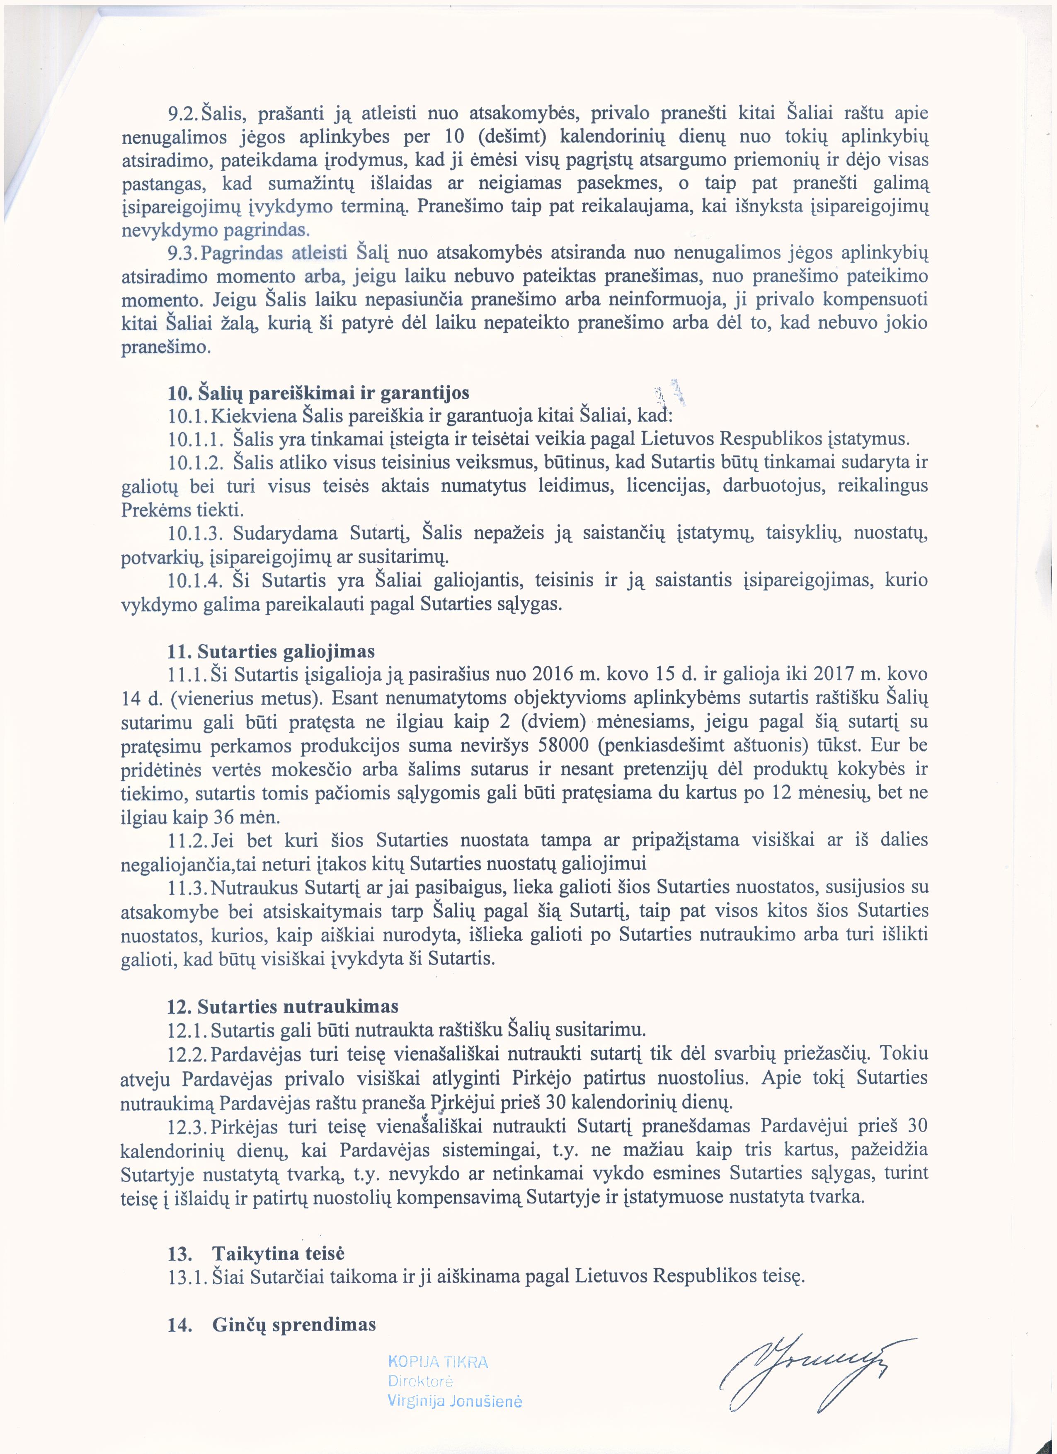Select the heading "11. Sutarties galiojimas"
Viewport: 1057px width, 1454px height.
(271, 651)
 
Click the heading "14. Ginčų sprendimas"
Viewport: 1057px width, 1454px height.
(272, 1324)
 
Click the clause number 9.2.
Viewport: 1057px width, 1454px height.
(184, 114)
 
